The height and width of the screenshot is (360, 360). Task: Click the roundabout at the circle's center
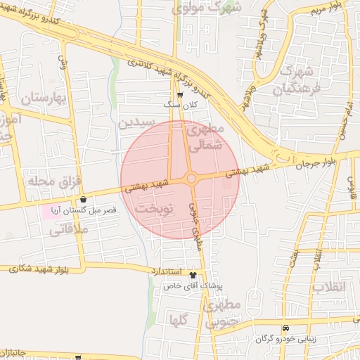coord(191,179)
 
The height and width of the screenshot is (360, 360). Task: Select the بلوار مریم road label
coord(326,8)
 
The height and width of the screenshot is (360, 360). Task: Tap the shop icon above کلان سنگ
coord(181,94)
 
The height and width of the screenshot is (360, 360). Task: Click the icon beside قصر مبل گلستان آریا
coord(84,199)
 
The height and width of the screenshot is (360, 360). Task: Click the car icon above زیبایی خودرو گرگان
coord(285,328)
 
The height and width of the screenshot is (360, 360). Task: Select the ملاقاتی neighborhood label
coord(68,229)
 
